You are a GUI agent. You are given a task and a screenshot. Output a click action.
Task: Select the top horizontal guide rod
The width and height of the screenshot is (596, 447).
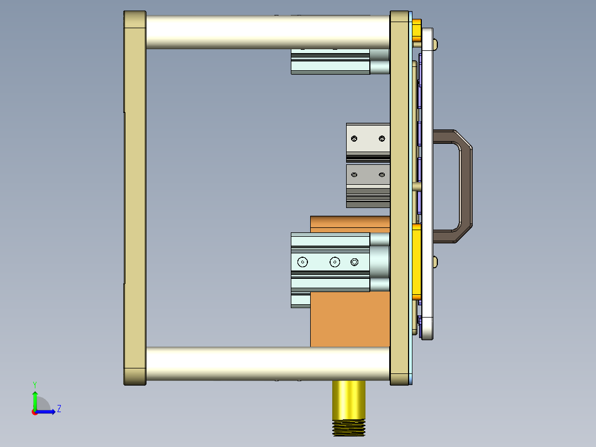click(268, 32)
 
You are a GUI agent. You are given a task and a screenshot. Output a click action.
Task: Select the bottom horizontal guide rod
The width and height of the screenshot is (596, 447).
click(268, 363)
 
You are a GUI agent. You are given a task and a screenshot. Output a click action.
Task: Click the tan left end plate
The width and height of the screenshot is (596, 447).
click(134, 198)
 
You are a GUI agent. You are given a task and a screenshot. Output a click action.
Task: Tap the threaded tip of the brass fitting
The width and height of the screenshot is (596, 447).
click(349, 428)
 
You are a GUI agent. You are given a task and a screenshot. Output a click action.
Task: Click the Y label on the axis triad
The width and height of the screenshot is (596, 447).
click(35, 384)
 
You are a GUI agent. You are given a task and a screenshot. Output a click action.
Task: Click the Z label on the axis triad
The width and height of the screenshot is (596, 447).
click(59, 409)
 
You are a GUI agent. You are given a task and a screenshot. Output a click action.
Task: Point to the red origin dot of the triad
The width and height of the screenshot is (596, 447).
click(34, 412)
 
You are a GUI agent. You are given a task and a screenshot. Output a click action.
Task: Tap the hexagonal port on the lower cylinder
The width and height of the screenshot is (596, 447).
click(354, 262)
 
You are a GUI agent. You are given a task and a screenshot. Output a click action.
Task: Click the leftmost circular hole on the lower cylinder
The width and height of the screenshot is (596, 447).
click(302, 262)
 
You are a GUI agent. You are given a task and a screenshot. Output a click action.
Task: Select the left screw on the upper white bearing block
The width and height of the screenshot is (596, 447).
click(354, 137)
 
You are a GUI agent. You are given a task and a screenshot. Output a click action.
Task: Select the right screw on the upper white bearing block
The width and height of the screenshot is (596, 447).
click(381, 137)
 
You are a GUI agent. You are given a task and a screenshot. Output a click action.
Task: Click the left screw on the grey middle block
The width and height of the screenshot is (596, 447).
click(354, 175)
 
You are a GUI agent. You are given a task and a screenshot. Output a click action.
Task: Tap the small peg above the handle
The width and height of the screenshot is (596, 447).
click(436, 43)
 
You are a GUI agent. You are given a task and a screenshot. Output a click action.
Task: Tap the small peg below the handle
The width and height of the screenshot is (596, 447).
click(436, 262)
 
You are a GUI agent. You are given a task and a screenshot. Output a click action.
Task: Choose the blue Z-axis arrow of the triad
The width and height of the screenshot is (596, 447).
click(48, 412)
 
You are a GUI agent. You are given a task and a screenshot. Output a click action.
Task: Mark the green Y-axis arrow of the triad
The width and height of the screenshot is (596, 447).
click(35, 398)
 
